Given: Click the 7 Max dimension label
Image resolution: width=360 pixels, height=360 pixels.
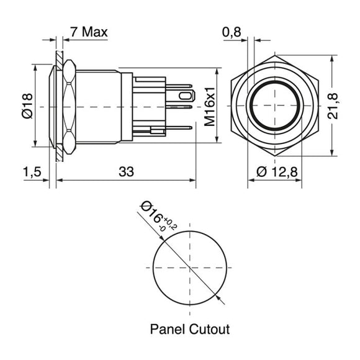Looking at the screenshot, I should pyautogui.click(x=89, y=32).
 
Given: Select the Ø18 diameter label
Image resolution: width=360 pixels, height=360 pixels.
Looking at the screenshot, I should pyautogui.click(x=26, y=106).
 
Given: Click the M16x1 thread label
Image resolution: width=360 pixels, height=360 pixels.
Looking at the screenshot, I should pyautogui.click(x=210, y=106).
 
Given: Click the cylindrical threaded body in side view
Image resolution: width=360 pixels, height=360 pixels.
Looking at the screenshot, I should pyautogui.click(x=99, y=106).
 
